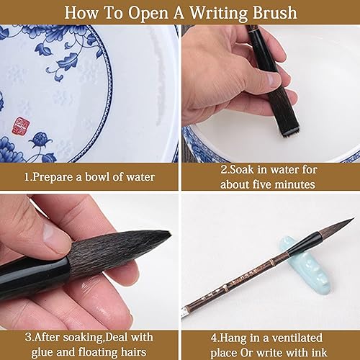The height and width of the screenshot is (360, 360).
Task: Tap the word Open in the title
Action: coord(148,13)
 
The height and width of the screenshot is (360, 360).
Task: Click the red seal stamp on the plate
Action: coord(21,126)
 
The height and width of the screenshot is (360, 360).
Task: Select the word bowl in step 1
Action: coord(97,177)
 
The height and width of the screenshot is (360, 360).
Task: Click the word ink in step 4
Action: coord(320,352)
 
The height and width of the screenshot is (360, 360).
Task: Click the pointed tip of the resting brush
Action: coord(354,218)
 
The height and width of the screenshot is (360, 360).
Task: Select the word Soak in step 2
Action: coord(240,170)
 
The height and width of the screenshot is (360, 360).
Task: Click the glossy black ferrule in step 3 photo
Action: coord(34,276)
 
